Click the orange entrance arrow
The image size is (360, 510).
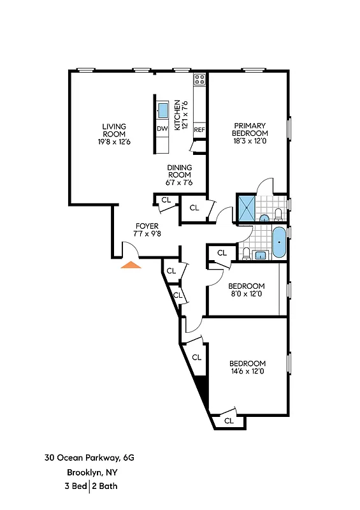[131, 265]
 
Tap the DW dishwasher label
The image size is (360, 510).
[162, 129]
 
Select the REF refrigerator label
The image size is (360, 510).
[199, 129]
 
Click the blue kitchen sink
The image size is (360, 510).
[163, 110]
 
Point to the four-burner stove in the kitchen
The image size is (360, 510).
[199, 80]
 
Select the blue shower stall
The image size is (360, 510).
[246, 207]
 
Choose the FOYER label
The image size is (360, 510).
[147, 226]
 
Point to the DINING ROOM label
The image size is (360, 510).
[180, 168]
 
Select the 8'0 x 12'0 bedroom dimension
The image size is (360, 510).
[247, 294]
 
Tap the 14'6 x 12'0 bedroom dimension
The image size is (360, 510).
[247, 370]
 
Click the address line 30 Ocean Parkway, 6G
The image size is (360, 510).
[89, 457]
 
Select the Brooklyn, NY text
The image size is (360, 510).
[89, 472]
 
